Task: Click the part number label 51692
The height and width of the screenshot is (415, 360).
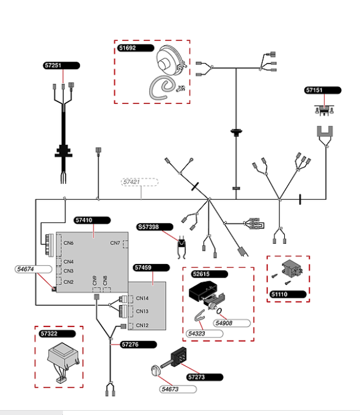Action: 136,48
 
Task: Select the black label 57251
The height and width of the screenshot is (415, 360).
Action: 61,65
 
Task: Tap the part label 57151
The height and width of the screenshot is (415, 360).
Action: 323,90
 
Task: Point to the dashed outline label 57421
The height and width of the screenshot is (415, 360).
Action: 140,182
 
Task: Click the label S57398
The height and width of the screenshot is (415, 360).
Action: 155,227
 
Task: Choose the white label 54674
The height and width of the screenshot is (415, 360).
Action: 34,269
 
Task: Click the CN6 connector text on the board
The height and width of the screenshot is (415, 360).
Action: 68,243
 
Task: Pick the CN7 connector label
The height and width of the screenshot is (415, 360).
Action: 115,243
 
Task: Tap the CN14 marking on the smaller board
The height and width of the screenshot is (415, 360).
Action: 142,298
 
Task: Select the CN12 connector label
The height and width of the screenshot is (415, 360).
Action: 142,325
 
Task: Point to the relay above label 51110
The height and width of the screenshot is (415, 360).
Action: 292,268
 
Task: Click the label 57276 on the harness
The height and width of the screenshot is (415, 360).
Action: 138,345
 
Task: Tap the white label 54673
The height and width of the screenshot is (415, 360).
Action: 178,389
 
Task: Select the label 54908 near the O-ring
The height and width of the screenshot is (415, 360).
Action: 232,323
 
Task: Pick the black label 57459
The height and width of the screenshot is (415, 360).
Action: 151,268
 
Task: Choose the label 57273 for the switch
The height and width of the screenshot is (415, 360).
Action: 205,377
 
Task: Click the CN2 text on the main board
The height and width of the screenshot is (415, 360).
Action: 68,282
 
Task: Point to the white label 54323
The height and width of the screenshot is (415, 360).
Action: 204,334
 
